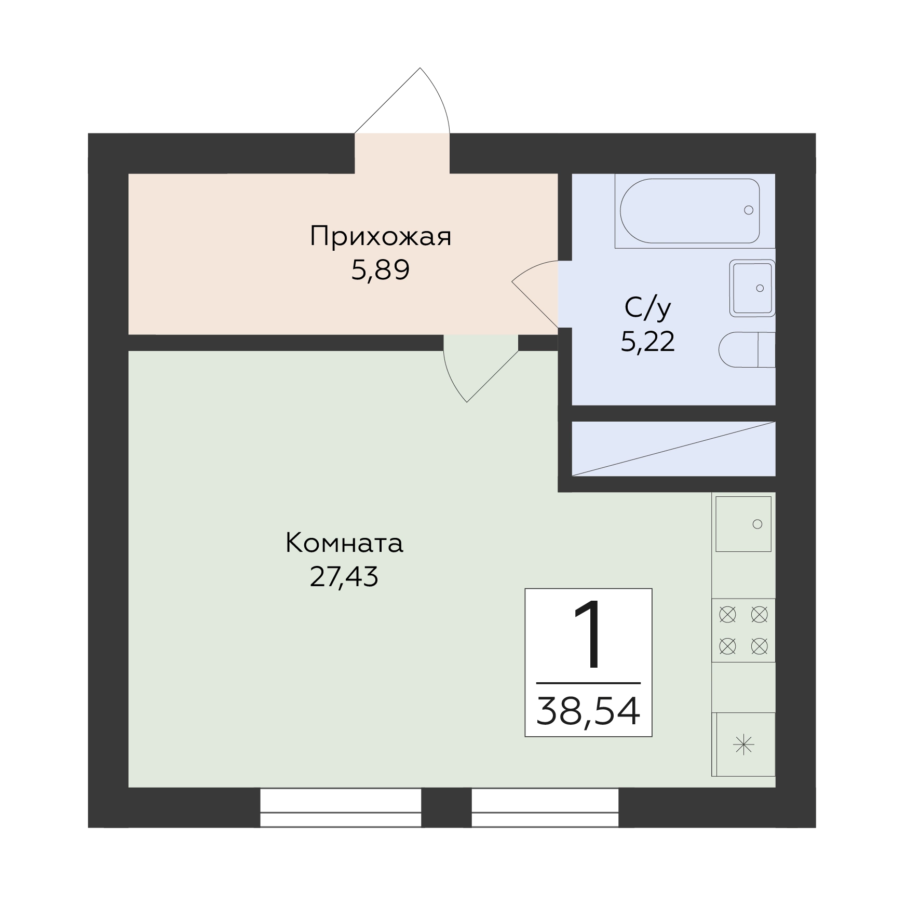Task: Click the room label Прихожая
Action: [381, 237]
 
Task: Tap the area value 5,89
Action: [381, 270]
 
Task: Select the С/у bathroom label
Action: [648, 308]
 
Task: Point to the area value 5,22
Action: [648, 342]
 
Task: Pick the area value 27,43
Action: [344, 577]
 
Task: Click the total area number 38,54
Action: [588, 711]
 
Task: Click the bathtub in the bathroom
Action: [690, 211]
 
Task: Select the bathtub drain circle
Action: [749, 210]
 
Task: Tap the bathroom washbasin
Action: [752, 288]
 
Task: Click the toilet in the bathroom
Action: [747, 349]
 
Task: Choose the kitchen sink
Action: [743, 524]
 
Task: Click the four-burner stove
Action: [743, 630]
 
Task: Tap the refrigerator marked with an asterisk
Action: [743, 745]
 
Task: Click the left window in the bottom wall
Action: [341, 808]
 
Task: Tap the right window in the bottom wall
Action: [545, 808]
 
